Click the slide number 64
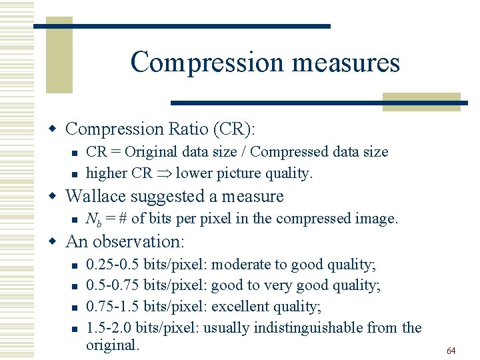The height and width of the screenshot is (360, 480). (451, 351)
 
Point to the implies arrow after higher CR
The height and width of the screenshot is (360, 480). (164, 173)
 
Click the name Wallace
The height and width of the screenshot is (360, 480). (98, 196)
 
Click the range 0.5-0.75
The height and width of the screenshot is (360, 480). (113, 285)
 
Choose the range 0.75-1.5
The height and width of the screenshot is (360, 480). (113, 307)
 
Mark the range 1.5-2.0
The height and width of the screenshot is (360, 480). (109, 327)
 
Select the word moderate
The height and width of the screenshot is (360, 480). (241, 265)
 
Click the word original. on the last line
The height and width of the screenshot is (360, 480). (113, 345)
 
